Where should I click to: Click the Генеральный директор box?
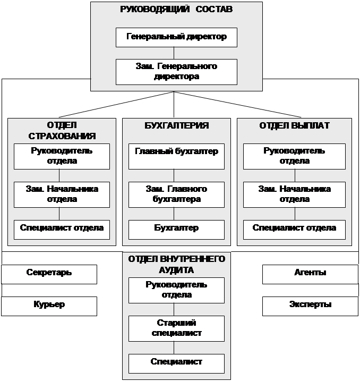tap(176, 37)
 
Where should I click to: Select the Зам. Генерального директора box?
tap(176, 71)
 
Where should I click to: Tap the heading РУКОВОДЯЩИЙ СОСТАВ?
tap(176, 10)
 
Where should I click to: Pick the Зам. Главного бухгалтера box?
tap(176, 194)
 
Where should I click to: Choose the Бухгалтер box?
tap(176, 228)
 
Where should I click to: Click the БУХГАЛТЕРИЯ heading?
tap(176, 126)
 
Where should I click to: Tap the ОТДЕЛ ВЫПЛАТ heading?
tap(294, 126)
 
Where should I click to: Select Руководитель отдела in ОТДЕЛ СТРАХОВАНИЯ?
tap(62, 156)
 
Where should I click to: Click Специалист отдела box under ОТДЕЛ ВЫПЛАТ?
tap(294, 228)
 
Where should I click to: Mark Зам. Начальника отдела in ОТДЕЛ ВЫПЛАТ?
tap(294, 194)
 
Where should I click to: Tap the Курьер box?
tap(49, 306)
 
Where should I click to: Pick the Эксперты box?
tap(310, 306)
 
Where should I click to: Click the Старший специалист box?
tap(176, 328)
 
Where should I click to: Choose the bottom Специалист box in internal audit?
tap(176, 362)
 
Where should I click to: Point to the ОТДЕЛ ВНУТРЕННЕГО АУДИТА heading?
tap(176, 264)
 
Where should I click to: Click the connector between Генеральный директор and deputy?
tap(174, 53)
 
